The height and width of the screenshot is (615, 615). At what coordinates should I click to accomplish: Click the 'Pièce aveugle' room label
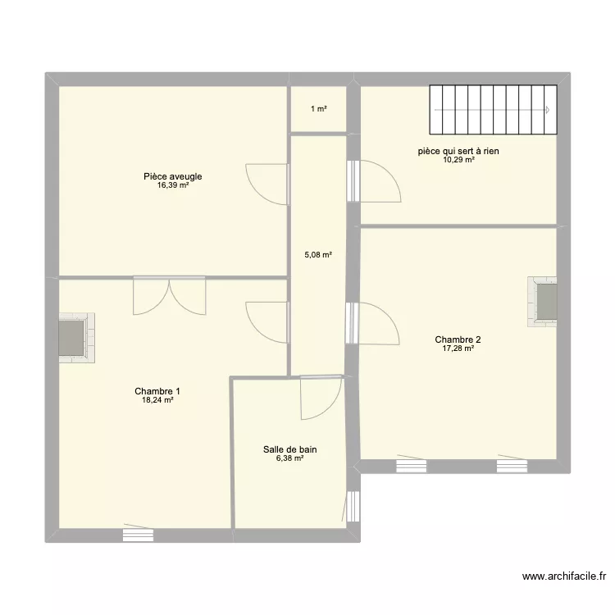tap(172, 176)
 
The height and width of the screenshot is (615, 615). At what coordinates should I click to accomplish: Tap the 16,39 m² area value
tap(173, 185)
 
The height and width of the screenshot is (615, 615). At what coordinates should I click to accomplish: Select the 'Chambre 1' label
tap(157, 391)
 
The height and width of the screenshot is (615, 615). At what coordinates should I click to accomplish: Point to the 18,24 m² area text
tap(157, 400)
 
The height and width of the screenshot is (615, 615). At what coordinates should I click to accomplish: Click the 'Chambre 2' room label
tap(458, 339)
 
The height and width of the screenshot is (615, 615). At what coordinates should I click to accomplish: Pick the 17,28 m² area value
tap(458, 348)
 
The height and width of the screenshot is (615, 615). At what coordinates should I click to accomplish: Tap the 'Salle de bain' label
tap(289, 449)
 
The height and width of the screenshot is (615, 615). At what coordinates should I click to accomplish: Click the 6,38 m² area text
tap(289, 458)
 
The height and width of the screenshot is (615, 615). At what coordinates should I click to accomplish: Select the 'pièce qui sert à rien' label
tap(458, 151)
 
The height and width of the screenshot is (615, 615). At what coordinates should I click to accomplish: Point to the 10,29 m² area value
tap(459, 160)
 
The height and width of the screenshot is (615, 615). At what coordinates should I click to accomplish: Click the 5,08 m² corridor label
tap(318, 255)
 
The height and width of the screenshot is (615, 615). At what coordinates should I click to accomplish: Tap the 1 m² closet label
tap(319, 109)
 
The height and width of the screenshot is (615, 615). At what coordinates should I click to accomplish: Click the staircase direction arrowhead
tap(548, 110)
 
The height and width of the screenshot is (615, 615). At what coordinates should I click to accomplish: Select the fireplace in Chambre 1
tap(77, 338)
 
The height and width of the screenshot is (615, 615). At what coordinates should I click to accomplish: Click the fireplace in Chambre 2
tap(542, 302)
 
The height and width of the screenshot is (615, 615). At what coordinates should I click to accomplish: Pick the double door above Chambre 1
tap(170, 295)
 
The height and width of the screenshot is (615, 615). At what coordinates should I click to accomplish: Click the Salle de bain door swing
tap(321, 399)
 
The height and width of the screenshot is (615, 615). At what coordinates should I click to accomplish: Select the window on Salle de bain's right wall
tap(353, 506)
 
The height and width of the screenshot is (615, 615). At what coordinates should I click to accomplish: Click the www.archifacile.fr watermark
tap(564, 576)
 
